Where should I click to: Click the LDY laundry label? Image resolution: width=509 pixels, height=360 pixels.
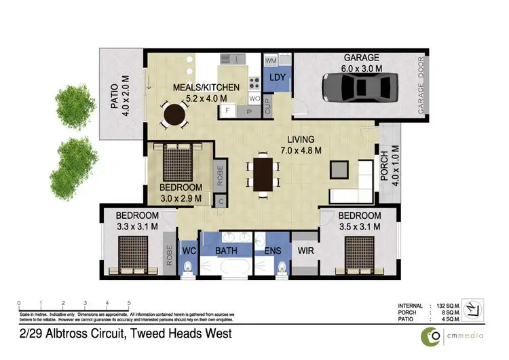coord(278,77)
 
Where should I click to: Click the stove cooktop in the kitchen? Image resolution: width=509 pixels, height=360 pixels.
coord(255,84)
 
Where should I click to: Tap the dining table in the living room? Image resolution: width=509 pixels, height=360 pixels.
coord(262,173)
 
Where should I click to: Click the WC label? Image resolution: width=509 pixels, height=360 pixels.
coord(190,251)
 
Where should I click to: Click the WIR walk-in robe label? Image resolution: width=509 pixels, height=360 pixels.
coord(307,251)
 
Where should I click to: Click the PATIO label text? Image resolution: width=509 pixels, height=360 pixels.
coord(115,95)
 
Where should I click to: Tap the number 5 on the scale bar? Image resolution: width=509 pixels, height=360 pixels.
coord(129,303)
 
